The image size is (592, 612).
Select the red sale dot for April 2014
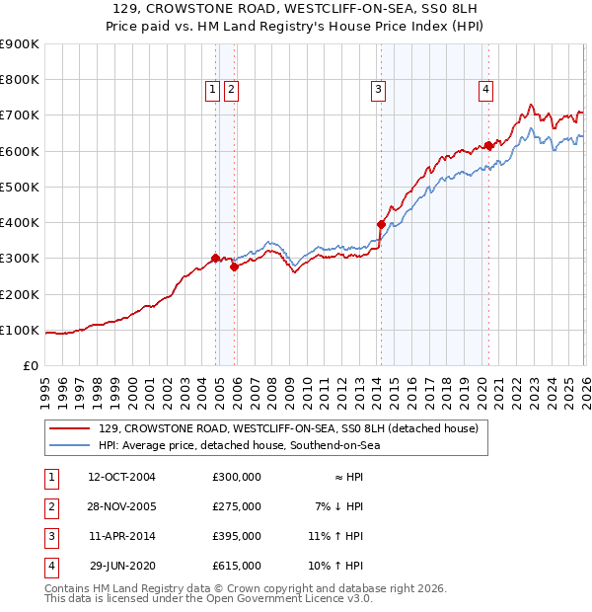[x=381, y=225]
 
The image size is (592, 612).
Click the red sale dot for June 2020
[x=488, y=146]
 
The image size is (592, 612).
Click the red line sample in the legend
[x=70, y=428]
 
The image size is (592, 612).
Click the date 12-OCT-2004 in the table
[x=121, y=477]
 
